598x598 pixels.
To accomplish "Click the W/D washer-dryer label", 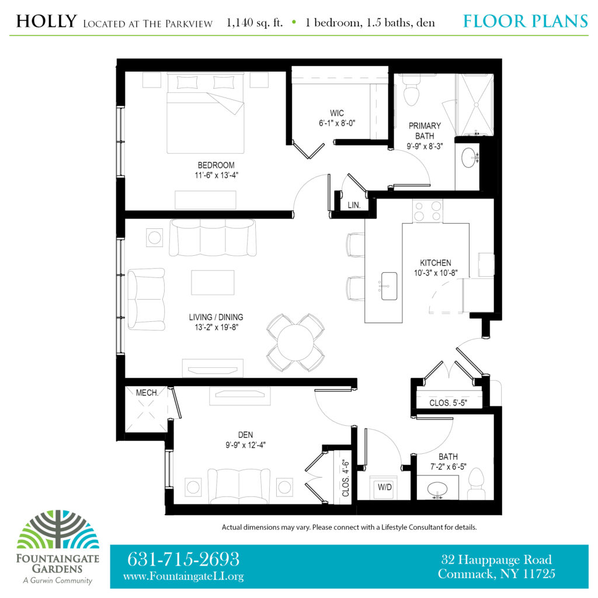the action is [x=384, y=487].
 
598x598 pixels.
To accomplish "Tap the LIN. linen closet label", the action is [x=354, y=205].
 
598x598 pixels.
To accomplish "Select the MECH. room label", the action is [x=147, y=393].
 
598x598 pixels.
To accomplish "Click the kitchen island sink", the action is [x=389, y=286].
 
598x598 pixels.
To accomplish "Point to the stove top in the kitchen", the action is [x=427, y=211].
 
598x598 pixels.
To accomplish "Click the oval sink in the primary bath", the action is [x=468, y=157].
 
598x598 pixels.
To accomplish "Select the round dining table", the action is [x=295, y=342].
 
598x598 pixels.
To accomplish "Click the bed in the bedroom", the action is [x=206, y=113].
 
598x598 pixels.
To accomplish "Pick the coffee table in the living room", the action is [x=213, y=282].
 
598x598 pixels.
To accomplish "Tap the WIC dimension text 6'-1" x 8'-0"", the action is [x=337, y=123].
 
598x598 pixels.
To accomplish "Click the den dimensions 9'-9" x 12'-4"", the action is [x=245, y=444].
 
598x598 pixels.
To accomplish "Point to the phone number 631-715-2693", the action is [x=183, y=559].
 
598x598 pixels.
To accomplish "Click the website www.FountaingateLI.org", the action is [x=183, y=576].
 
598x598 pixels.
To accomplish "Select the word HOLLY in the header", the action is [x=47, y=22].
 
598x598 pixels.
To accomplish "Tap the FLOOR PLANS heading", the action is [x=526, y=22].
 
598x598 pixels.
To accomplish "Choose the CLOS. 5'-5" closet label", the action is [x=448, y=403].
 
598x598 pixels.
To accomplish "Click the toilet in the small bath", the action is [x=475, y=483].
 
